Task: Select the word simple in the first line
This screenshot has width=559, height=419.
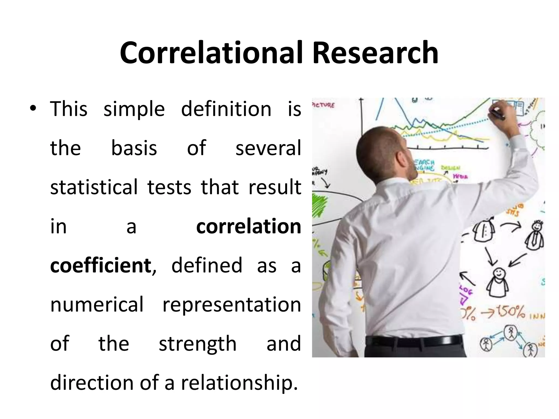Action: coord(134,109)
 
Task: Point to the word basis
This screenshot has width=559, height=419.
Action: coord(134,148)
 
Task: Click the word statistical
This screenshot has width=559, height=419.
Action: coord(94,187)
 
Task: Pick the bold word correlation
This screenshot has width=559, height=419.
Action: coord(248,226)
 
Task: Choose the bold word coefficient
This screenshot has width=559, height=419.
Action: coord(101,265)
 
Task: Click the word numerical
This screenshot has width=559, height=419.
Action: coord(97,304)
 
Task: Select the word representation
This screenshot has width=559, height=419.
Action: coord(231,305)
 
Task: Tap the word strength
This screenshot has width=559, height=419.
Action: coord(198,344)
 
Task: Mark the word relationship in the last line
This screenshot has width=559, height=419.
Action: coord(239,383)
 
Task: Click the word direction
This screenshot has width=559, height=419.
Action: coord(92,382)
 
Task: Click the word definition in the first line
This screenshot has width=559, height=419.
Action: coord(226,109)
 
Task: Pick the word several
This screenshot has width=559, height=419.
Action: coord(268,148)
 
